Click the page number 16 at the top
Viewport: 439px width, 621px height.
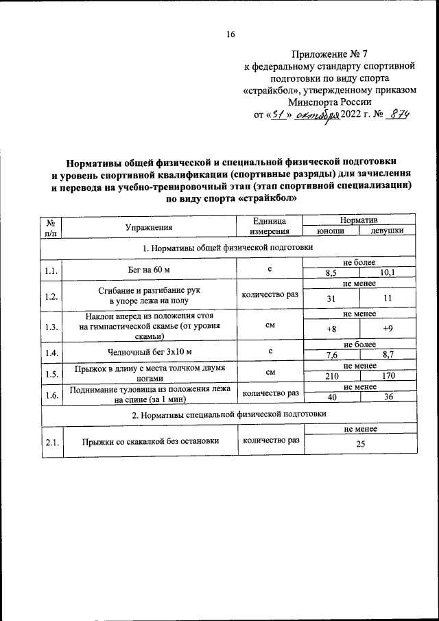coord(230,35)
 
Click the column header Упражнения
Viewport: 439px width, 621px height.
coord(149,226)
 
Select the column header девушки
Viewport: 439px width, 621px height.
coord(388,231)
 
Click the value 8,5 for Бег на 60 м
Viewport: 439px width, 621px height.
coord(332,274)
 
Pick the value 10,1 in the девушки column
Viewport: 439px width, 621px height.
coord(388,274)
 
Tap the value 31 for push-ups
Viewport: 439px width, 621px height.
coord(332,298)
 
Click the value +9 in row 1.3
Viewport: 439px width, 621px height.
coord(388,328)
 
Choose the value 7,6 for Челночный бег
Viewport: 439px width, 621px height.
coord(332,355)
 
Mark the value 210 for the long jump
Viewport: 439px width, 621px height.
coord(332,376)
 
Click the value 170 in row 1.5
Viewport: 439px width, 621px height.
coord(388,376)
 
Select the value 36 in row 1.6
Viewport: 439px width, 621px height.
coord(388,398)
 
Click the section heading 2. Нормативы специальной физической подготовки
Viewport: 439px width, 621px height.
coord(228,414)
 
